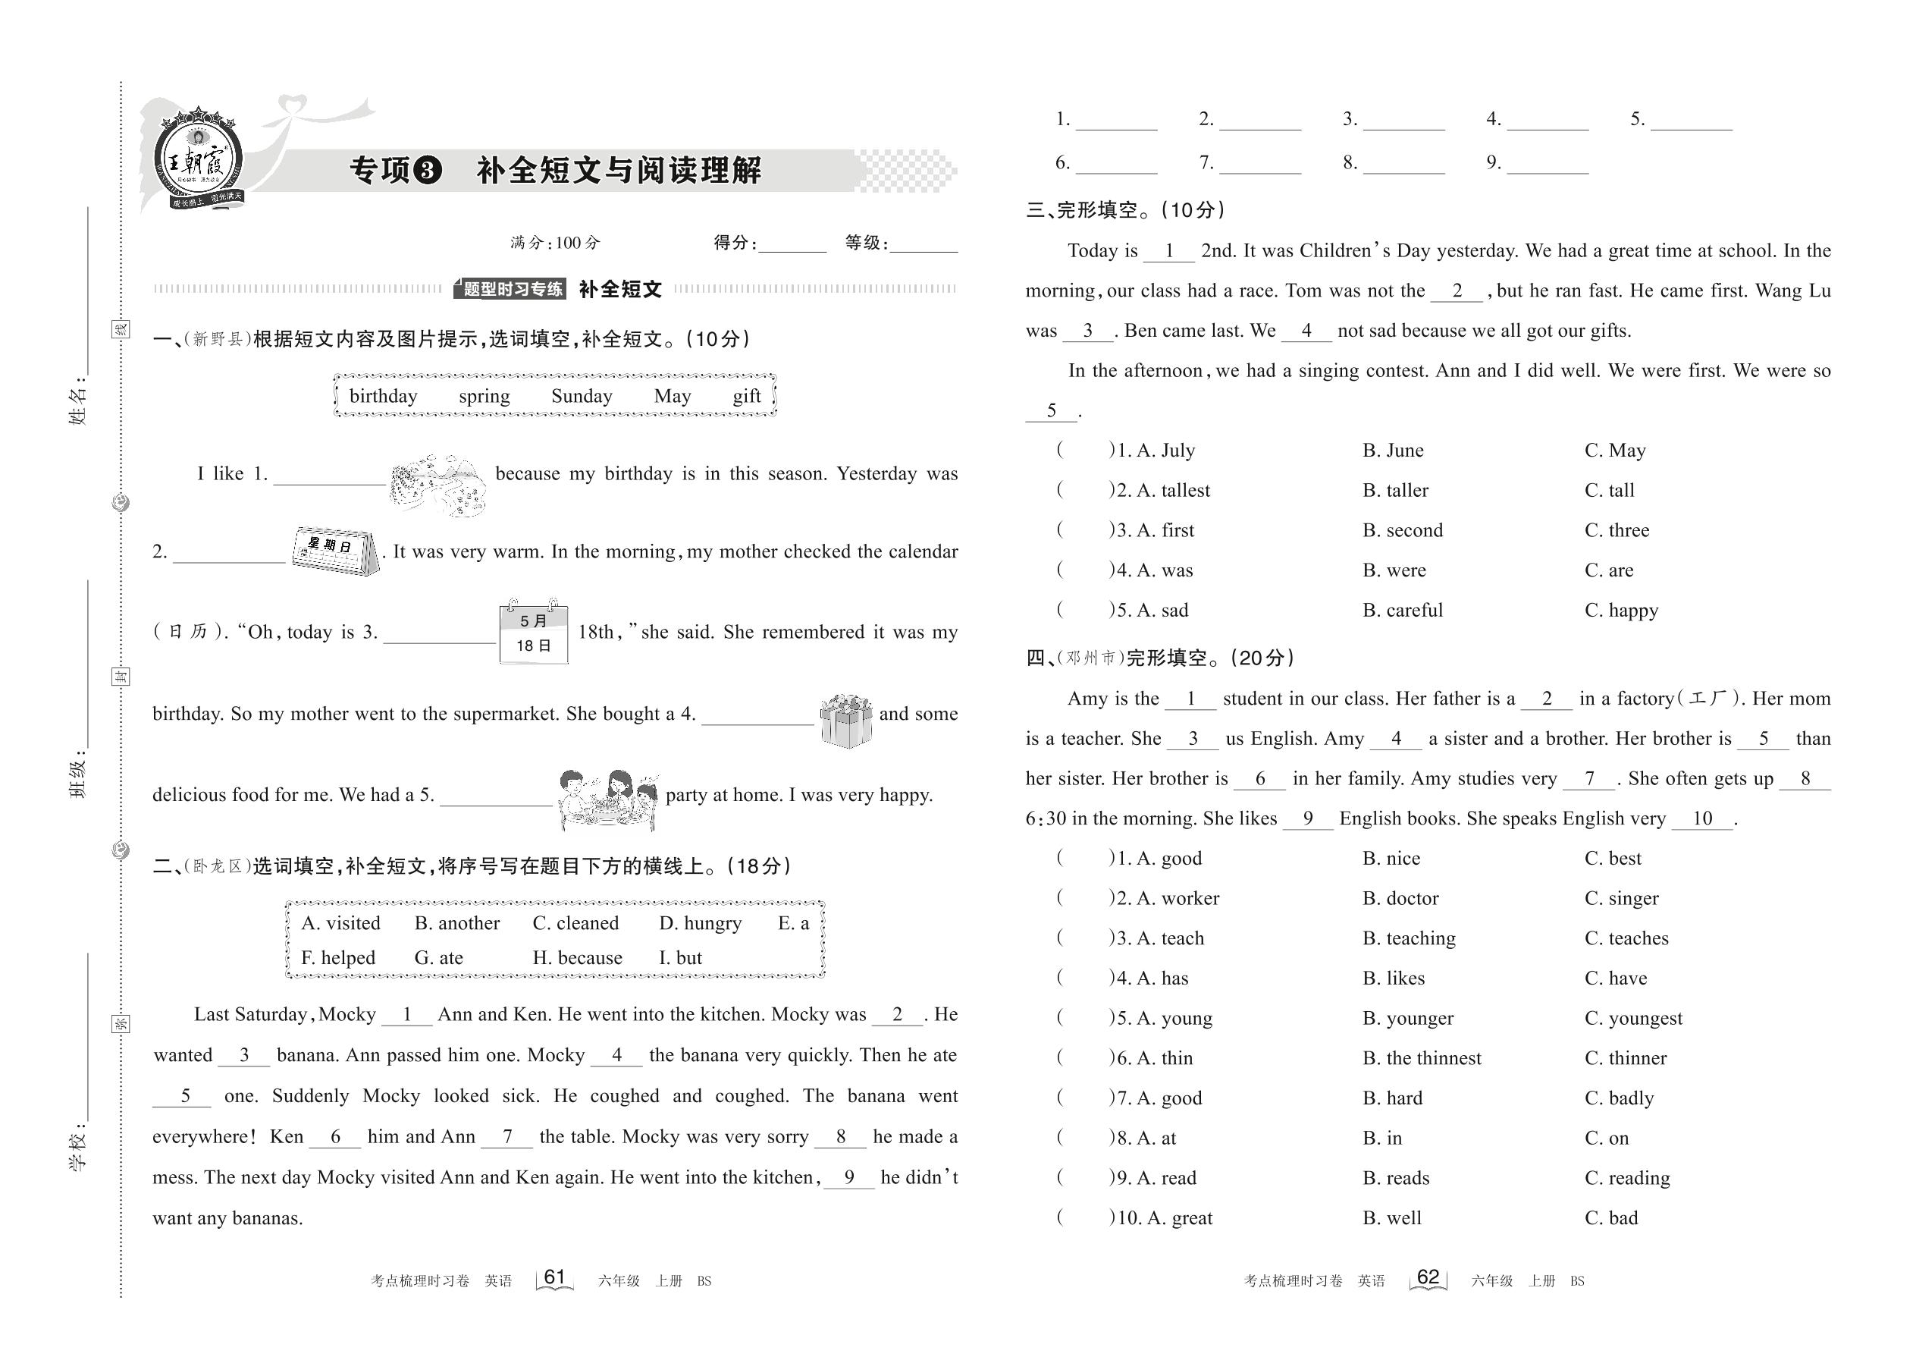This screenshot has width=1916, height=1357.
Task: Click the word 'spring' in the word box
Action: (484, 396)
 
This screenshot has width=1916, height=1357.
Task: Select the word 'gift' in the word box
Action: (746, 396)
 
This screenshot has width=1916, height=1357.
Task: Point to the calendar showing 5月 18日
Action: (534, 633)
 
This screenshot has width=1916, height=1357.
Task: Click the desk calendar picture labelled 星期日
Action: (335, 550)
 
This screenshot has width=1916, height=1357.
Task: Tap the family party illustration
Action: (608, 798)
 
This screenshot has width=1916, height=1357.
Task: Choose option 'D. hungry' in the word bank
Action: (700, 923)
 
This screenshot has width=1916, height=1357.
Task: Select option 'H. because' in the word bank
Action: (577, 957)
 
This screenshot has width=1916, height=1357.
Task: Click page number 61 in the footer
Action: (554, 1277)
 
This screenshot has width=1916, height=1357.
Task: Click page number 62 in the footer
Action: (1428, 1277)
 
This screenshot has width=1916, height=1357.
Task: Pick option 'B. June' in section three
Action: (1393, 451)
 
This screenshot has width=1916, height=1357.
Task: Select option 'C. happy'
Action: (1620, 611)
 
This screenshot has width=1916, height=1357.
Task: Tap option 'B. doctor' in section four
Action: (1400, 898)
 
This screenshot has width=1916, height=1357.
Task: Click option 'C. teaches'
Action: (1626, 938)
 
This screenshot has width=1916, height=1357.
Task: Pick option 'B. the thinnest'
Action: (1422, 1059)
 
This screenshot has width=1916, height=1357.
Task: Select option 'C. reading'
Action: (1627, 1178)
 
